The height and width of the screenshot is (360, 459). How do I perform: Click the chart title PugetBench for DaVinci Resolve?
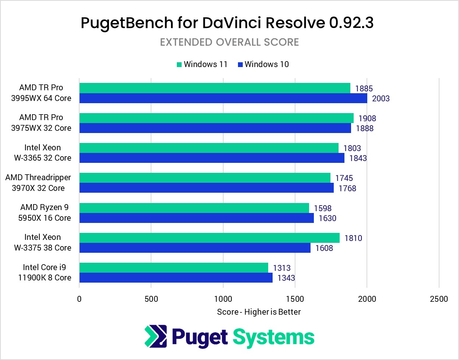(x=227, y=23)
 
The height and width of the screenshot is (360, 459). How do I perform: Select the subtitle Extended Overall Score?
(x=229, y=42)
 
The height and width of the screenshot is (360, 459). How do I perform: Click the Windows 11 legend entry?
(x=202, y=64)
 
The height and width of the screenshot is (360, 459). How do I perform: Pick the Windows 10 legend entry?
(x=263, y=64)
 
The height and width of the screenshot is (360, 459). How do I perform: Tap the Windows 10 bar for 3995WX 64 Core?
(x=223, y=98)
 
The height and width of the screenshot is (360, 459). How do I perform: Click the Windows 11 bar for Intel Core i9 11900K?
(x=174, y=268)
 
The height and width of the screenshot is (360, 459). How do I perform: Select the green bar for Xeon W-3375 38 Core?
(x=209, y=238)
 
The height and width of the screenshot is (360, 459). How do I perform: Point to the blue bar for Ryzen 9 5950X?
(x=196, y=218)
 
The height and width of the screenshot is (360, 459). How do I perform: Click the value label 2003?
(x=381, y=99)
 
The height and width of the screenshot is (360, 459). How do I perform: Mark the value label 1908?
(x=367, y=118)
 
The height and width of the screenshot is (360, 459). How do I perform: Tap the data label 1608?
(x=324, y=248)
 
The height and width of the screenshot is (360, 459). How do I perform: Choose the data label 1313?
(x=281, y=268)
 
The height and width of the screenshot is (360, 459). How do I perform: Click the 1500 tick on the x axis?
(x=295, y=299)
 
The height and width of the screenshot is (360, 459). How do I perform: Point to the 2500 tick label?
(x=439, y=299)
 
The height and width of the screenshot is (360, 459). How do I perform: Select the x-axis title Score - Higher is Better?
(x=259, y=312)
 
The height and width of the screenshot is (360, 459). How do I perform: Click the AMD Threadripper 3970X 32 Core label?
(x=38, y=183)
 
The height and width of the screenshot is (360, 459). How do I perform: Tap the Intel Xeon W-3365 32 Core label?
(x=43, y=153)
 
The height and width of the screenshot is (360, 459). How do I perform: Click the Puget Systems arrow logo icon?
(x=156, y=336)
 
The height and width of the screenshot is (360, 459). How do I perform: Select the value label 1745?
(x=344, y=178)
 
